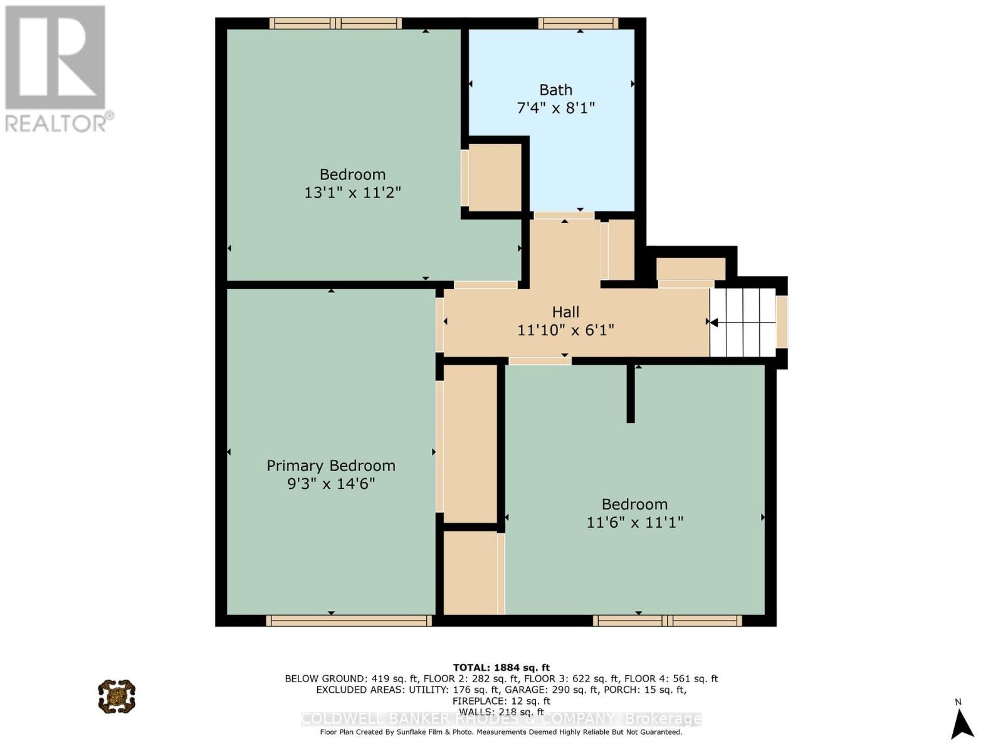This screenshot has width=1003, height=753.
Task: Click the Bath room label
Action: point(555,90)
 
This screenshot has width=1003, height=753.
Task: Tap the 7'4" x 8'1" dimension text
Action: point(555,108)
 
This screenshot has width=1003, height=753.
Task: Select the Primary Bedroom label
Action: point(331,466)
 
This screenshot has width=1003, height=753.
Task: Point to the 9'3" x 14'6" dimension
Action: point(331,484)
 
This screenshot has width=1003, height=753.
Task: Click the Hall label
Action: point(565,312)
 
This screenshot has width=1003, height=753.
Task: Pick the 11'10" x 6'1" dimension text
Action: point(565,330)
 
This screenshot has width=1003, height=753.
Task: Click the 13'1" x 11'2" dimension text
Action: point(352,193)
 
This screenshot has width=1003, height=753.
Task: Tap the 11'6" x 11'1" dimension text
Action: point(634,522)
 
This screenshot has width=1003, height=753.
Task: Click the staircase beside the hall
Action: point(743,323)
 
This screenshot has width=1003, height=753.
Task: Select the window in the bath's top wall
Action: point(578,23)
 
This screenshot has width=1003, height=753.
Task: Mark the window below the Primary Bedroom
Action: point(349,621)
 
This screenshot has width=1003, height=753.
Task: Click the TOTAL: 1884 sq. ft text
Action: point(501,668)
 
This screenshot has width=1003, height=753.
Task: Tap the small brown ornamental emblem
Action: point(117,696)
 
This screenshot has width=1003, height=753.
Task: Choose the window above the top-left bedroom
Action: point(335,23)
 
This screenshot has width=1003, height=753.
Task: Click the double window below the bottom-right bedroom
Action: point(668,621)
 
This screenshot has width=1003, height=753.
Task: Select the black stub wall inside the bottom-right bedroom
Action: point(631,393)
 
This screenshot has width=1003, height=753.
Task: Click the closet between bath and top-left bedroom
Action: point(495,178)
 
